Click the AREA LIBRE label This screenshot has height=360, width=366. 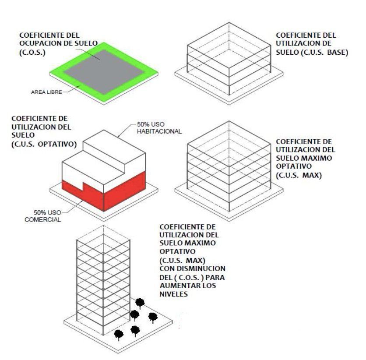[46, 92]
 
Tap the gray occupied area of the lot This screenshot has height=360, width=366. [104, 71]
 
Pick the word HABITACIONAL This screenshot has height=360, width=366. [159, 131]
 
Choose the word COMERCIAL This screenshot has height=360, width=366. [43, 219]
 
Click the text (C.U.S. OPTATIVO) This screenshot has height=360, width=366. [44, 144]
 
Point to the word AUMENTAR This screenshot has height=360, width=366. [177, 286]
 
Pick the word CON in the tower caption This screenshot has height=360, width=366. [165, 268]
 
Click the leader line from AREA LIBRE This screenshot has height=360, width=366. [71, 90]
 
